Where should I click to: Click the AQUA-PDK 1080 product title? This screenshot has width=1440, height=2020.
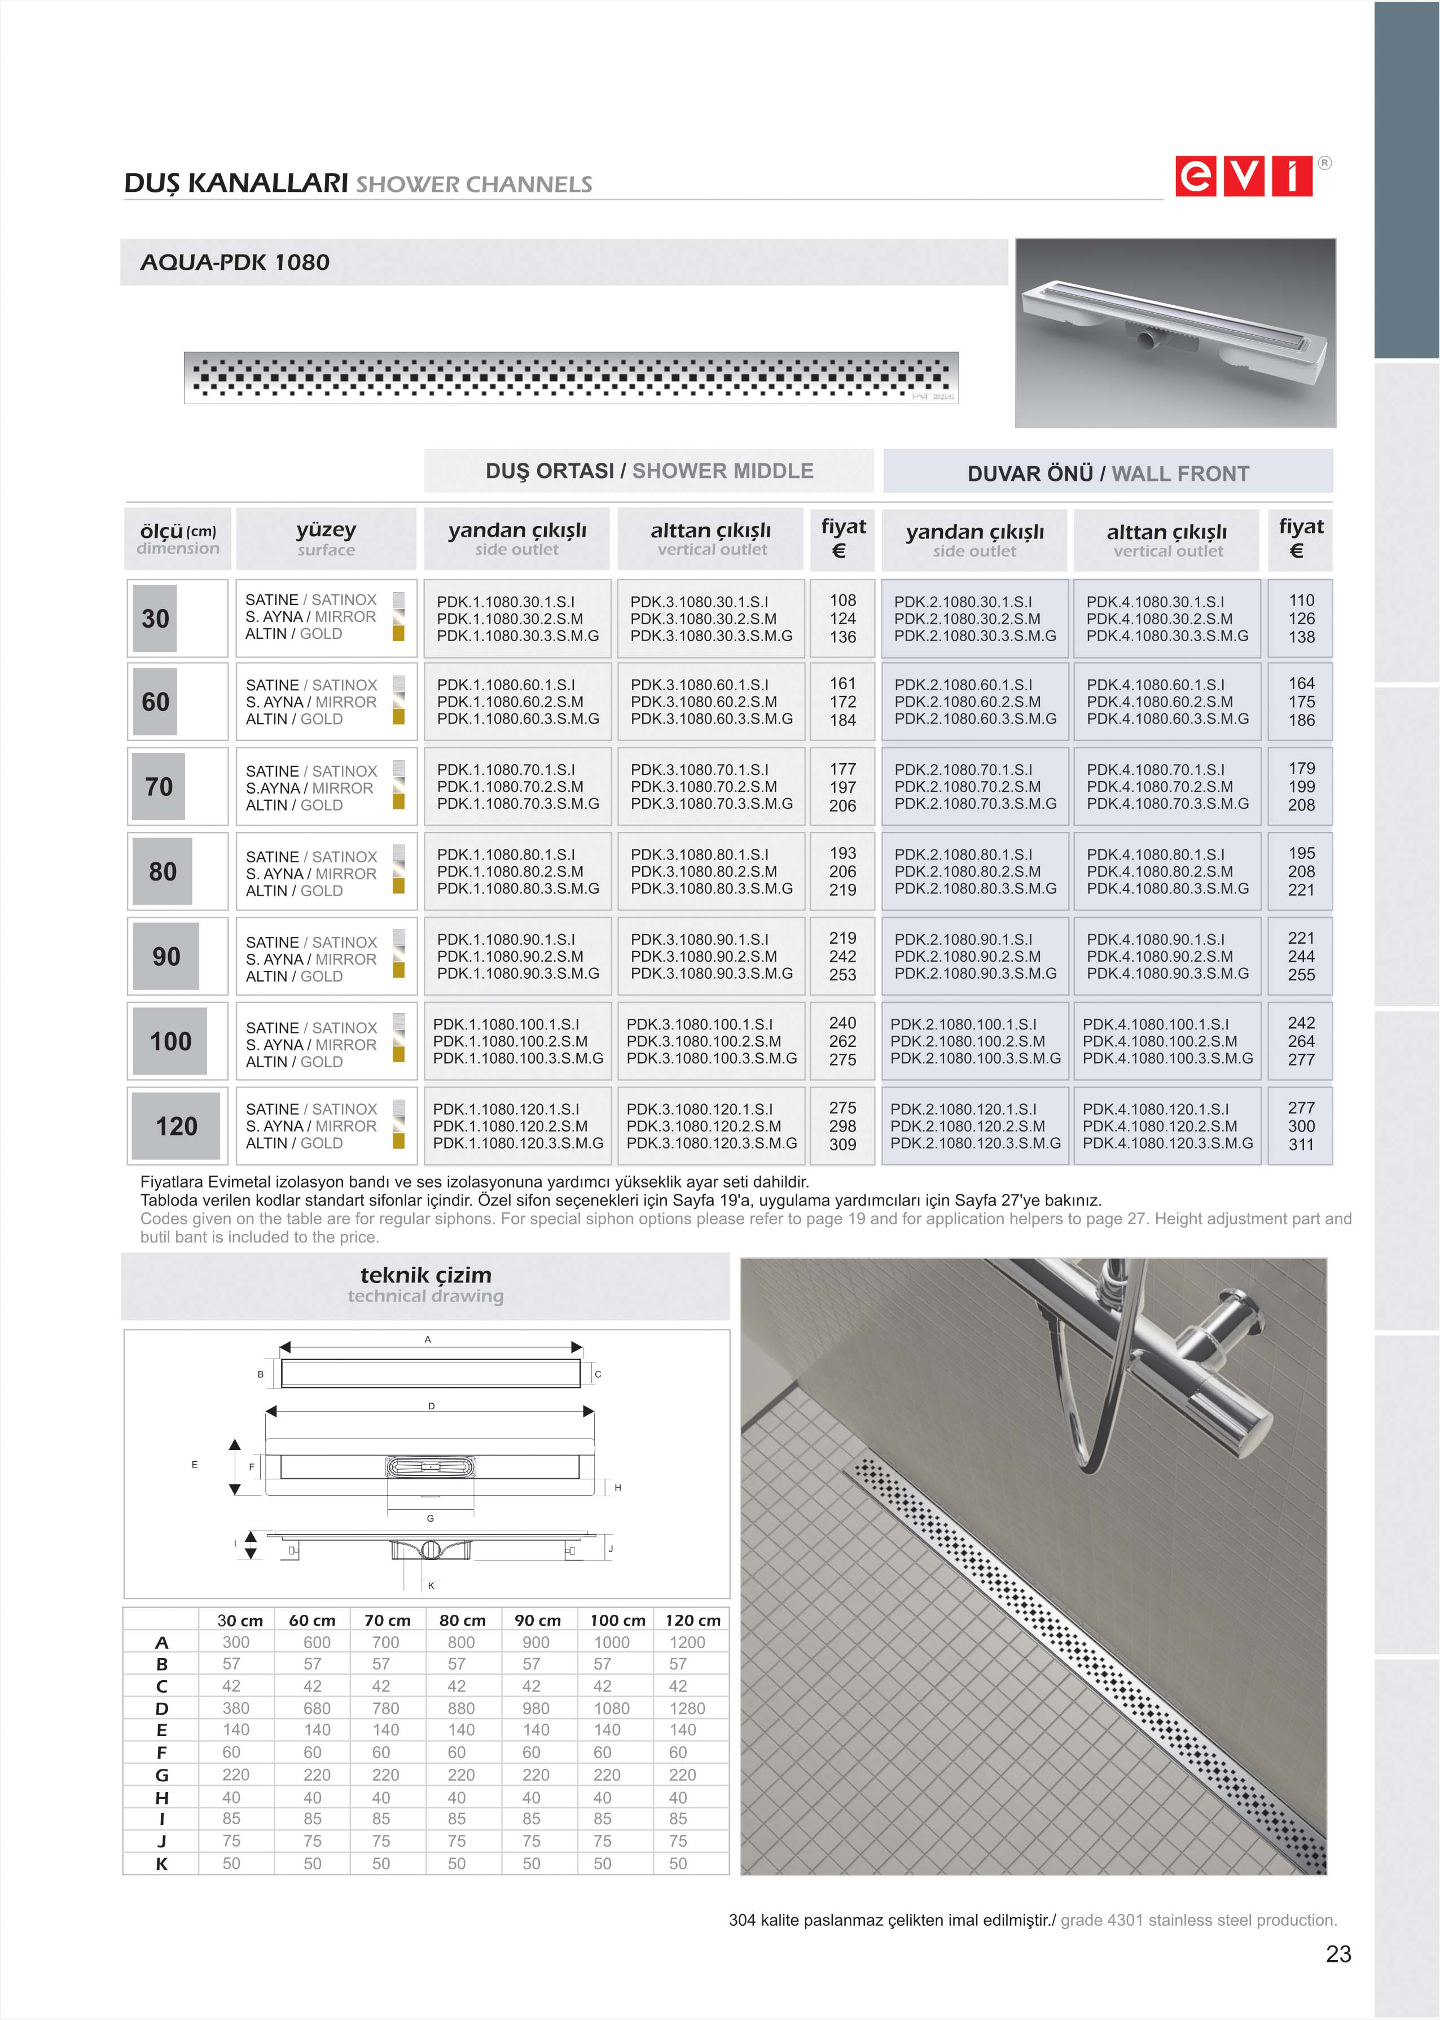point(235,262)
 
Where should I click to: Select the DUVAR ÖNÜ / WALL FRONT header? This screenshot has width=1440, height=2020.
point(1108,474)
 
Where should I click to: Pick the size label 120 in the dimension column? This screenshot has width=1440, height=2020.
point(177,1126)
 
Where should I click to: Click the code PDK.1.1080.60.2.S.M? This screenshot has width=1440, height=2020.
point(510,702)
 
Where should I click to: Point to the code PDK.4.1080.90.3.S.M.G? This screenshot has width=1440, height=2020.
point(1167,974)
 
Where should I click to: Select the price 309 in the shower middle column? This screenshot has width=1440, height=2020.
point(842,1145)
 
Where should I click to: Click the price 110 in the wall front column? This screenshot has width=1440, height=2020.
point(1301,601)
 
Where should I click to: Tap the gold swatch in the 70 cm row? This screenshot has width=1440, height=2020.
point(399,801)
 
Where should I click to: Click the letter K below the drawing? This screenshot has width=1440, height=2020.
point(431,1585)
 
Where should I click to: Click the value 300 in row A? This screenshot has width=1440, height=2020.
point(236,1642)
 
